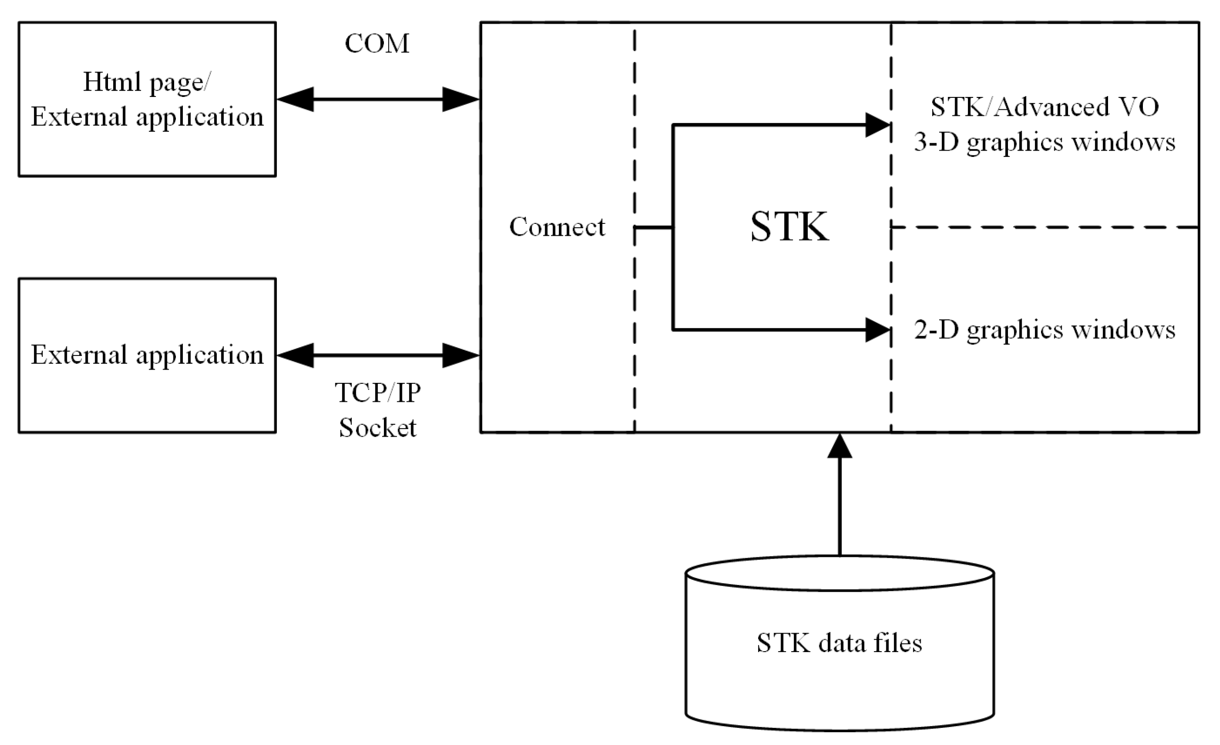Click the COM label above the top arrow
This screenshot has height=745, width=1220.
click(377, 44)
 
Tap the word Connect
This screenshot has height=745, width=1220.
click(557, 227)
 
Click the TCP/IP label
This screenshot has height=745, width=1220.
click(377, 393)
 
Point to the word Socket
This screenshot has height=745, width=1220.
click(377, 428)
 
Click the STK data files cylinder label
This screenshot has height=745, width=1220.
click(839, 643)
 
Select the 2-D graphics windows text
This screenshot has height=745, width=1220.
click(1044, 330)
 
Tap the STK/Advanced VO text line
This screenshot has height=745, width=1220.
click(1044, 107)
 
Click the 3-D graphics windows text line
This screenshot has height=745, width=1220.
click(1044, 142)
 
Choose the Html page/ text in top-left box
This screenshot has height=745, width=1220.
click(147, 82)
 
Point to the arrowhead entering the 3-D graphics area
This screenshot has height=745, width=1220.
click(878, 125)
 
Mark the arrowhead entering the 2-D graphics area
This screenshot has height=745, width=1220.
click(878, 330)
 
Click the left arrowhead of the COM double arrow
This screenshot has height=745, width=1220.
click(296, 100)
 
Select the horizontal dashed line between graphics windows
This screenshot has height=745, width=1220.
click(1045, 227)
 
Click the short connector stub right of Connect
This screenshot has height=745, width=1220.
click(654, 227)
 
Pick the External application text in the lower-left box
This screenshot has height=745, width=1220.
click(147, 355)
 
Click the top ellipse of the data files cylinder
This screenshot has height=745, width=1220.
click(840, 573)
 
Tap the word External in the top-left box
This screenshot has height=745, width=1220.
click(79, 117)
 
